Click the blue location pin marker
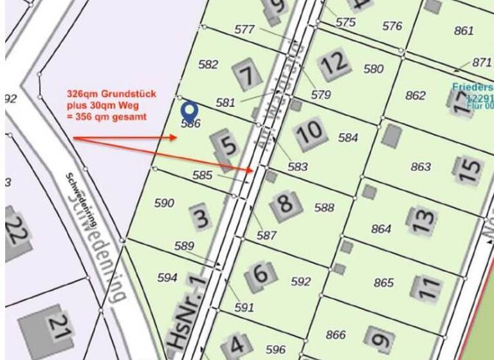point(188,110)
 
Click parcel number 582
point(208,64)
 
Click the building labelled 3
point(201,217)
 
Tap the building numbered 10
point(310,132)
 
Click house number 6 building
point(261,273)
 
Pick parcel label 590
point(164,203)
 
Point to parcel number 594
point(167,278)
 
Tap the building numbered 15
point(468,169)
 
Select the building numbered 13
point(422,220)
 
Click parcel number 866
point(336,334)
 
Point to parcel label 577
point(244,30)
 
